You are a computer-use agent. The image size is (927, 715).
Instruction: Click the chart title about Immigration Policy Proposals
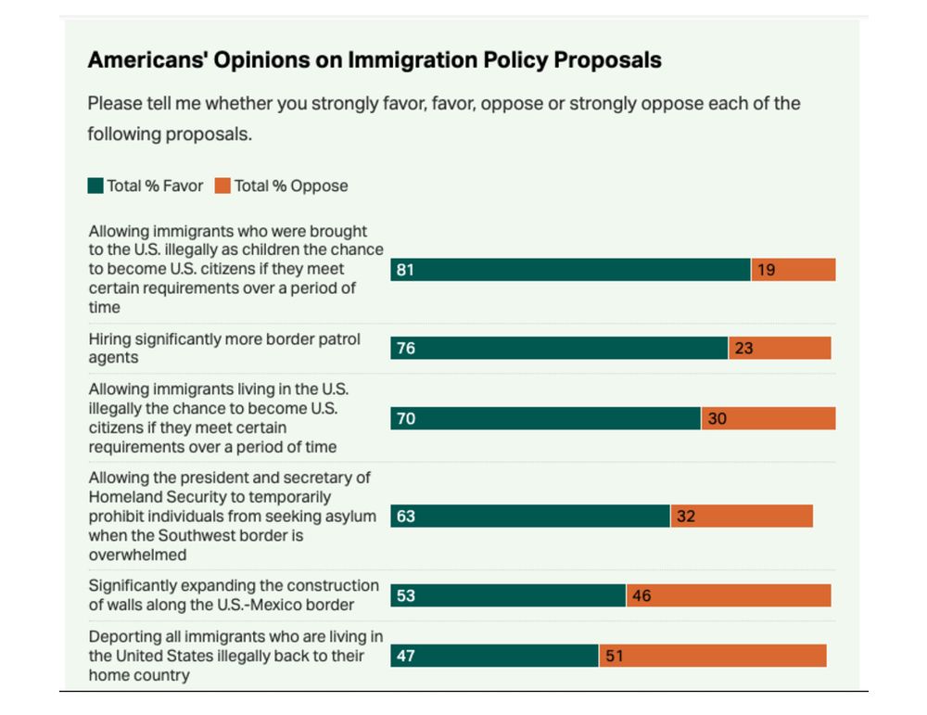pos(375,60)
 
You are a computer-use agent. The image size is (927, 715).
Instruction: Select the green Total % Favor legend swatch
pos(95,185)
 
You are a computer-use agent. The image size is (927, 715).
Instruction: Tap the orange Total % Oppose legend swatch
pos(222,185)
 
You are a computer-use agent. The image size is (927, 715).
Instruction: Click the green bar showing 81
pos(570,270)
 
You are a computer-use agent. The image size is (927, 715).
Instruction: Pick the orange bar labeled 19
pos(794,270)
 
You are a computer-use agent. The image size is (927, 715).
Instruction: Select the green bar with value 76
pos(559,349)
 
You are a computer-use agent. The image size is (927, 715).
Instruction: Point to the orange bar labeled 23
pos(780,349)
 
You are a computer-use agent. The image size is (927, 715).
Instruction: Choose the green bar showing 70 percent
pos(545,418)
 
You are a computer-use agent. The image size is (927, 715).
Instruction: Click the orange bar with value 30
pos(768,418)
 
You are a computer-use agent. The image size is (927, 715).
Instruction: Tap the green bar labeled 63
pos(530,516)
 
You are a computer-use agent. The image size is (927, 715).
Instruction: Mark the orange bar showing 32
pos(742,516)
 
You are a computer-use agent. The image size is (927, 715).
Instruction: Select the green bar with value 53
pos(508,595)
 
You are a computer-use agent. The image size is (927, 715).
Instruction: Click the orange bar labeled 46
pos(729,595)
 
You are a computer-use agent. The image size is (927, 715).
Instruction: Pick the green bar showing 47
pos(494,656)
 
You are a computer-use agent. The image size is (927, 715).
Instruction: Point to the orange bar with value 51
pos(713,656)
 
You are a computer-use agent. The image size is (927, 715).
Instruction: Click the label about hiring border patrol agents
pos(224,348)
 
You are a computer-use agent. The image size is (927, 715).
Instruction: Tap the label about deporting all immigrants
pos(235,656)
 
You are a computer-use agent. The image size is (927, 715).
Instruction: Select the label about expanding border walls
pos(234,595)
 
